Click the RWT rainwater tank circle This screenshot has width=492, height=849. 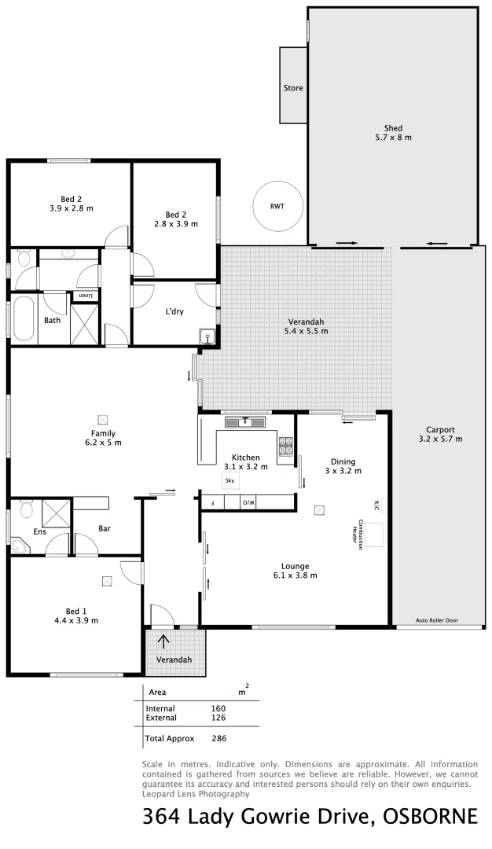click(277, 206)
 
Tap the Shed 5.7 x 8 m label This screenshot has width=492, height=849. click(393, 132)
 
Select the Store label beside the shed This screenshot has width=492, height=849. click(293, 88)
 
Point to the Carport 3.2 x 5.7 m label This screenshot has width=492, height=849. click(440, 434)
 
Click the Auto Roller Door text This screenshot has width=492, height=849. click(438, 620)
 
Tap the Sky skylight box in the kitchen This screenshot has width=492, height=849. click(230, 480)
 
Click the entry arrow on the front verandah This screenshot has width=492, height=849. click(163, 641)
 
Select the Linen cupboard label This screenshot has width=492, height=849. click(85, 296)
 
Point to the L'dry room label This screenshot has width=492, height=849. click(174, 311)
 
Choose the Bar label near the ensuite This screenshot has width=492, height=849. click(105, 529)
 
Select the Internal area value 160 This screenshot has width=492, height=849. click(218, 708)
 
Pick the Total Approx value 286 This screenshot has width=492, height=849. click(218, 739)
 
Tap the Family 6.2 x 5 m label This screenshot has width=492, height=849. click(103, 438)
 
